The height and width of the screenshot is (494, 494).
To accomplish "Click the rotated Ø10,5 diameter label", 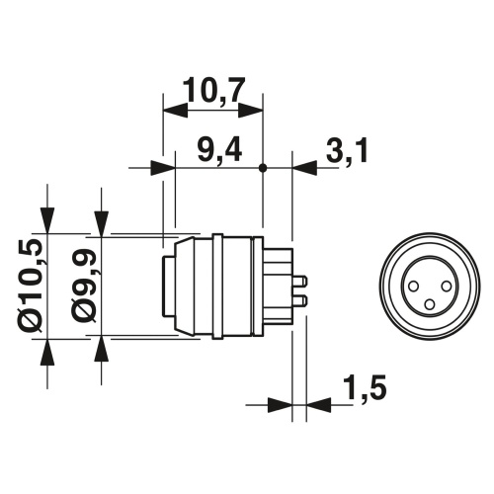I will [x=29, y=286].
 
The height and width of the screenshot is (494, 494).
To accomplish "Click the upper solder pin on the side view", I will [x=299, y=281].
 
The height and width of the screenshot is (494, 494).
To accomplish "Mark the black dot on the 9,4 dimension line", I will [x=263, y=169].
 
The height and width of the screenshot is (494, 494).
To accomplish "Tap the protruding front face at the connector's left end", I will [x=168, y=286].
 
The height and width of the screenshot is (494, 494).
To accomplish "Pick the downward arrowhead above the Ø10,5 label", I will [x=46, y=222].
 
